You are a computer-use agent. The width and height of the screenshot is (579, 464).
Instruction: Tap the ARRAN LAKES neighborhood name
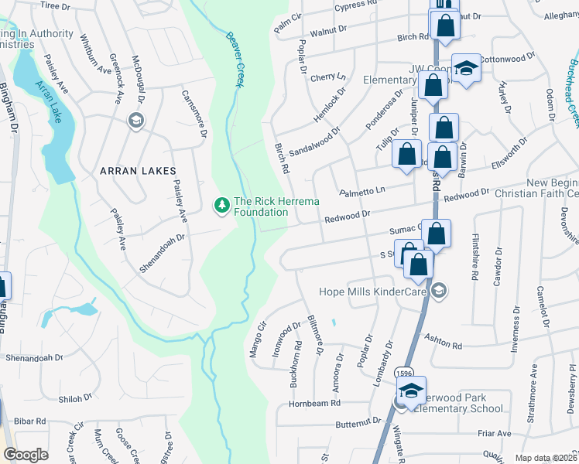tap(137, 170)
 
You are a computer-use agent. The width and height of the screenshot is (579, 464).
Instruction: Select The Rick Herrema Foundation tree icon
tap(221, 205)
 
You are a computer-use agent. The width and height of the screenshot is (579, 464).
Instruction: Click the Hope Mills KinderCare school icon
tap(440, 291)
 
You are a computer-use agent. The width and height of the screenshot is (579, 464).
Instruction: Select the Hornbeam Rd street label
tap(314, 403)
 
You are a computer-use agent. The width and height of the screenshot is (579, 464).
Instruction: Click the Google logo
tap(26, 455)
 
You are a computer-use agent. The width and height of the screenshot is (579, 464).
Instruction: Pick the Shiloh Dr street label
tap(75, 398)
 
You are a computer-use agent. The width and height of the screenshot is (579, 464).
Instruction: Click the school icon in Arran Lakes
tap(136, 120)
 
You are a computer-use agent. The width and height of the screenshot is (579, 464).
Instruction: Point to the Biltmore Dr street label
tap(316, 336)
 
